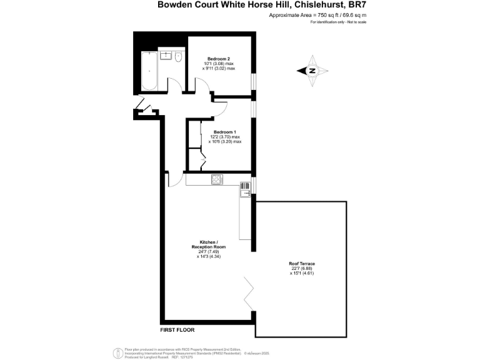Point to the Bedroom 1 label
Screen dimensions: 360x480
pyautogui.click(x=224, y=132)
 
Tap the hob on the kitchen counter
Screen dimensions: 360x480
pyautogui.click(x=217, y=180)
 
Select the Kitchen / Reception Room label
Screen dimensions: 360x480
pyautogui.click(x=208, y=244)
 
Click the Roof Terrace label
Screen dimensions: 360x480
pyautogui.click(x=302, y=264)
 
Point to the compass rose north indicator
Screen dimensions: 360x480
pyautogui.click(x=312, y=71)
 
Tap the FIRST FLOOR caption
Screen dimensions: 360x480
pyautogui.click(x=175, y=328)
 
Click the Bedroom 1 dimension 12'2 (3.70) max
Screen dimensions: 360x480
pyautogui.click(x=224, y=137)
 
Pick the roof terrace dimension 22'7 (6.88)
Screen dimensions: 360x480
pyautogui.click(x=302, y=269)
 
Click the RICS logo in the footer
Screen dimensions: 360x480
pyautogui.click(x=116, y=352)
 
